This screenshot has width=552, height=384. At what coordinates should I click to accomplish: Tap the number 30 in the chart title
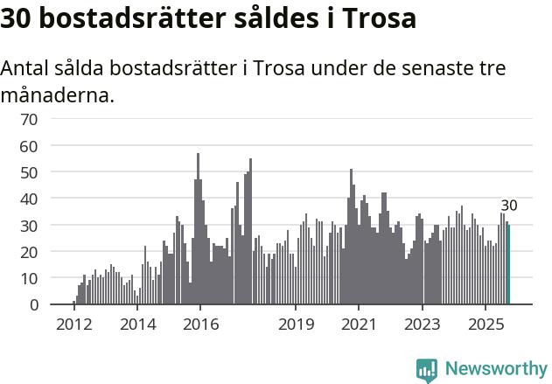click(x=17, y=19)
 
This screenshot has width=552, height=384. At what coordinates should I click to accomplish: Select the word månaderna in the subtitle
click(x=57, y=94)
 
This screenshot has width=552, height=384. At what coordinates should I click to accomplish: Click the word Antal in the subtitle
click(x=27, y=68)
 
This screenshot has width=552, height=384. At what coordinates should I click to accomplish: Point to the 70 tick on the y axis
click(x=29, y=119)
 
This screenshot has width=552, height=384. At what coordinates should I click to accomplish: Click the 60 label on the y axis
click(x=29, y=145)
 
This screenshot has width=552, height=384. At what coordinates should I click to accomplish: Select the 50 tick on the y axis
click(x=29, y=172)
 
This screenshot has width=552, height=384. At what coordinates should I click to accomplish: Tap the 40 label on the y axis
click(x=29, y=199)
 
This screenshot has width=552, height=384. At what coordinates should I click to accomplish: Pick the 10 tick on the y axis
click(x=29, y=278)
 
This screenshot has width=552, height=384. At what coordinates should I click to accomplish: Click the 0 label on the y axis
click(x=33, y=304)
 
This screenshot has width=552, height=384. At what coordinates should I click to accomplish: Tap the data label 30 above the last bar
click(x=509, y=206)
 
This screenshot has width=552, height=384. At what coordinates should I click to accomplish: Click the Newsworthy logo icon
click(x=427, y=370)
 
